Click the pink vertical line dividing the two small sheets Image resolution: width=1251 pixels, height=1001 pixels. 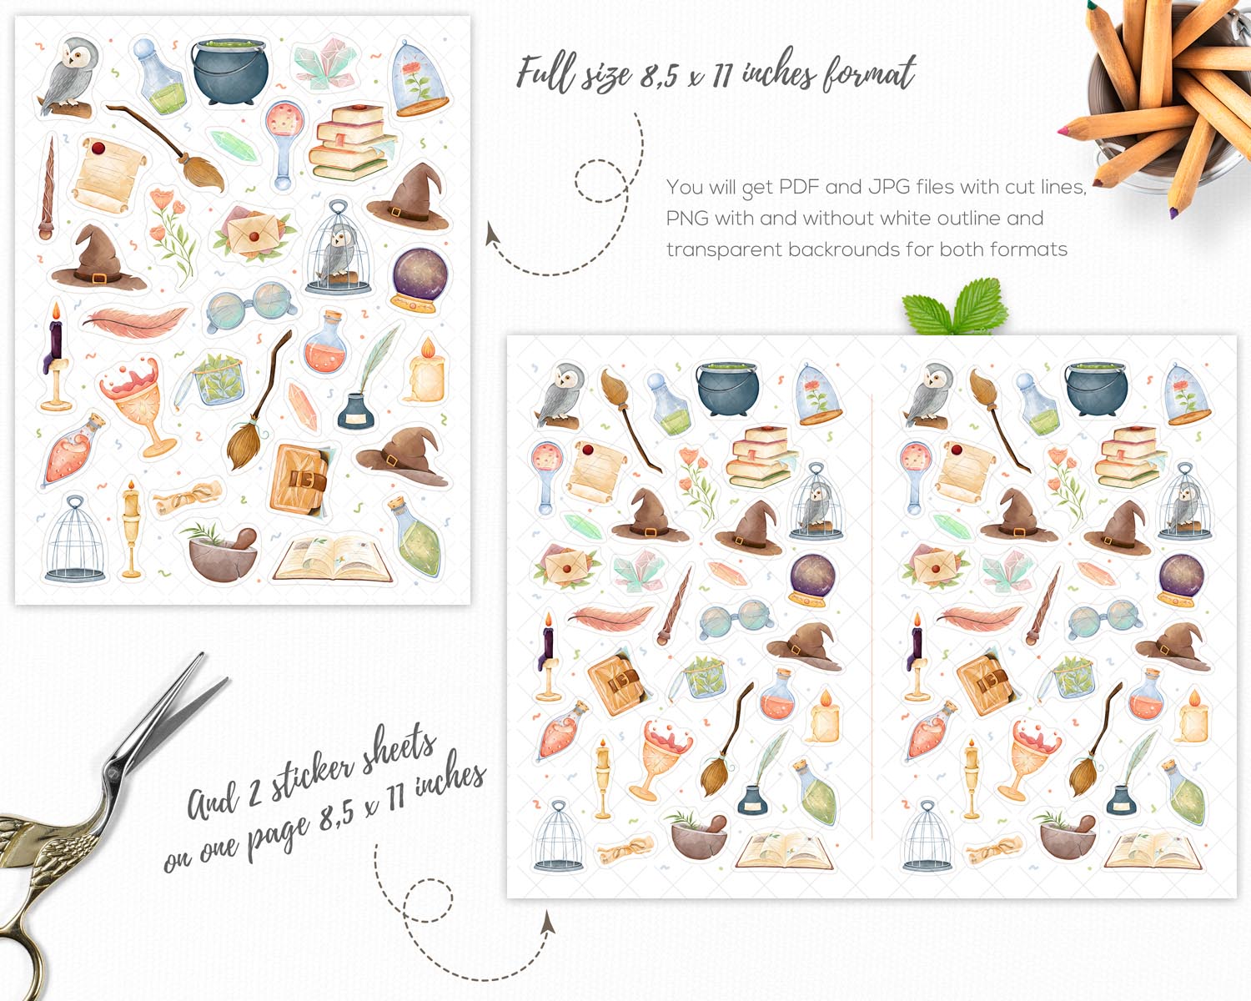point(872,616)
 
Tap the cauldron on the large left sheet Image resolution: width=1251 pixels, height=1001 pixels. point(230,72)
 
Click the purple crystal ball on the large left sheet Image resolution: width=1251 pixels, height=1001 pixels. point(420,280)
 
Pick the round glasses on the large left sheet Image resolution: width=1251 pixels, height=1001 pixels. point(250,306)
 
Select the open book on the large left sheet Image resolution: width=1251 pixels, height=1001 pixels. point(333,560)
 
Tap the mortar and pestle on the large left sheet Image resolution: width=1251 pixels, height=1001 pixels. point(222,552)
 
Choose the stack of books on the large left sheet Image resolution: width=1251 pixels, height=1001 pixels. point(352,143)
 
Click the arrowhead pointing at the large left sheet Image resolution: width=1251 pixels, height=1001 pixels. point(492,234)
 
